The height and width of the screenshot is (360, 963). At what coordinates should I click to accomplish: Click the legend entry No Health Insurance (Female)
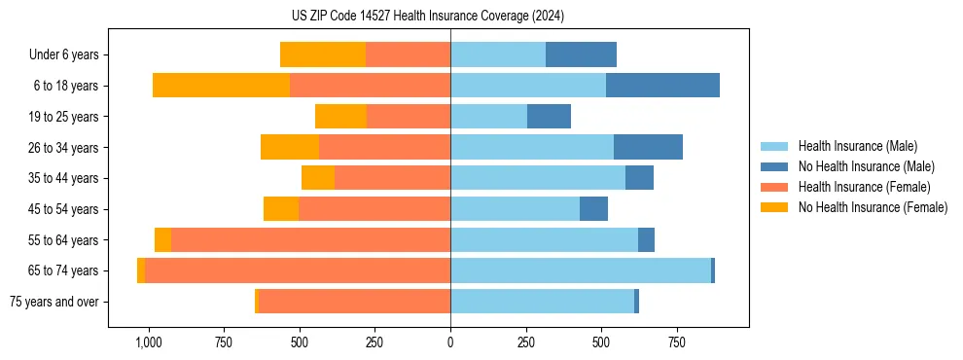click(873, 207)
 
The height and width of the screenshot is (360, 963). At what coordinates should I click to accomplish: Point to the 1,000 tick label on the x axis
click(148, 342)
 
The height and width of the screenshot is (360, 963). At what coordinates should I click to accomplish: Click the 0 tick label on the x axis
click(450, 342)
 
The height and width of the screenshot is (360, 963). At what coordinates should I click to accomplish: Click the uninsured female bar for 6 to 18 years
click(221, 86)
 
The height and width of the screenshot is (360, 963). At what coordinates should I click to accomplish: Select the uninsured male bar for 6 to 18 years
click(662, 86)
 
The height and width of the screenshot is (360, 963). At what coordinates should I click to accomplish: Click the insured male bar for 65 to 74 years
click(580, 270)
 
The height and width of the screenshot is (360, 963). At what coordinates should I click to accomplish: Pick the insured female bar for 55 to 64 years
click(310, 240)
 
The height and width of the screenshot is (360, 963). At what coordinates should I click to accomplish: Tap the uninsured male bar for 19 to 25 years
click(549, 117)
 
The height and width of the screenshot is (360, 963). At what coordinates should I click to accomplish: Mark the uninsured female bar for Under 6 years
click(323, 55)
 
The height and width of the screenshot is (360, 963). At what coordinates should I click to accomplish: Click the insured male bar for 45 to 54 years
click(515, 209)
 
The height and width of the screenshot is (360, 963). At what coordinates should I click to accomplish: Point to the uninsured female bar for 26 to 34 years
click(290, 148)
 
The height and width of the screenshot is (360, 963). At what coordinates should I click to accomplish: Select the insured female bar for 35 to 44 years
click(392, 178)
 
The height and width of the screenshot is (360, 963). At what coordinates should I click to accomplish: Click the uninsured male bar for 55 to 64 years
click(646, 240)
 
